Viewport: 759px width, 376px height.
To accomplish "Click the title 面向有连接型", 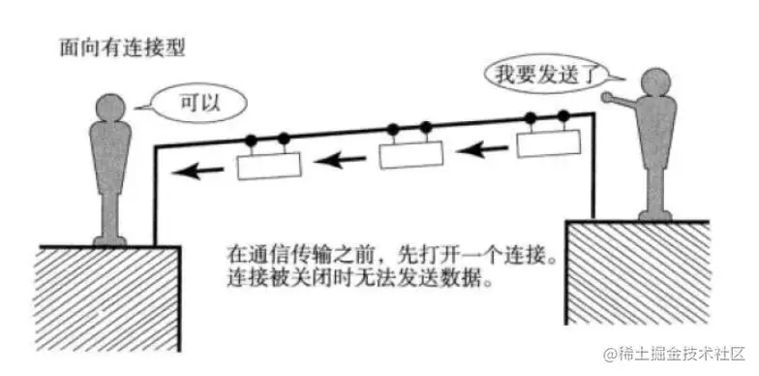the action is pyautogui.click(x=114, y=46).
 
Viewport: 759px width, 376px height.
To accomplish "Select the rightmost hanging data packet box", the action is pyautogui.click(x=548, y=143).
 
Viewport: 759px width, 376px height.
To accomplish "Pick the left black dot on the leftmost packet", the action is pyautogui.click(x=251, y=141).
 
